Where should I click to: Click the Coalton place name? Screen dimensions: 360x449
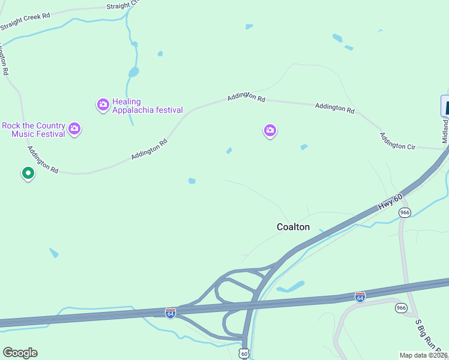pyautogui.click(x=293, y=227)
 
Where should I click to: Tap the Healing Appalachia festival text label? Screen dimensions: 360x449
pyautogui.click(x=147, y=106)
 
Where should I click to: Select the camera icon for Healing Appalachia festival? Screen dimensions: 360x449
pyautogui.click(x=103, y=105)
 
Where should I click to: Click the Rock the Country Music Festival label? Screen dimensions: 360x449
pyautogui.click(x=34, y=130)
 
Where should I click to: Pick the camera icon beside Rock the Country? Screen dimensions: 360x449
pyautogui.click(x=74, y=128)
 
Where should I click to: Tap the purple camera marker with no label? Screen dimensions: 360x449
pyautogui.click(x=270, y=130)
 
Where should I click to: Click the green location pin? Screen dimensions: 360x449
pyautogui.click(x=28, y=173)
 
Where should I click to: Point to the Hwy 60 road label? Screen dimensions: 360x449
pyautogui.click(x=388, y=201)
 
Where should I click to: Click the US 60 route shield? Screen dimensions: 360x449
pyautogui.click(x=244, y=353)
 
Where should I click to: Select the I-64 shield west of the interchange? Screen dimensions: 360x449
pyautogui.click(x=170, y=313)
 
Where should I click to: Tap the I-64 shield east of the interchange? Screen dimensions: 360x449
pyautogui.click(x=360, y=297)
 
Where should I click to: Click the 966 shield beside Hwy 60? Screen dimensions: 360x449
pyautogui.click(x=405, y=213)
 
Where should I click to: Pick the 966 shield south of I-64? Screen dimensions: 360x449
pyautogui.click(x=401, y=308)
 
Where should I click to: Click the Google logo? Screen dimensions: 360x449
pyautogui.click(x=20, y=353)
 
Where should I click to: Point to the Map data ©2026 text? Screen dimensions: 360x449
pyautogui.click(x=423, y=355)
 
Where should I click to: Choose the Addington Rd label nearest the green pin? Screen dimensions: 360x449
pyautogui.click(x=41, y=162)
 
